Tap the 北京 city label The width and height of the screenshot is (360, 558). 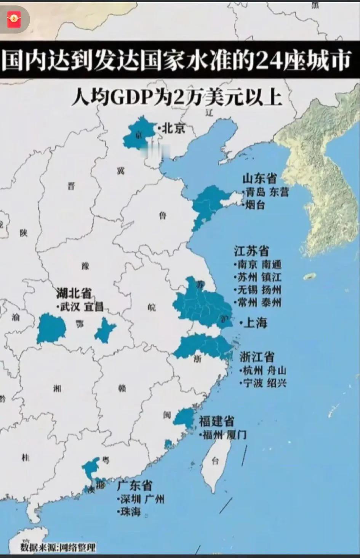(x=174, y=128)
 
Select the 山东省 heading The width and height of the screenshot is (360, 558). (x=260, y=179)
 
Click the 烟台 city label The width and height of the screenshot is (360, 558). (x=255, y=205)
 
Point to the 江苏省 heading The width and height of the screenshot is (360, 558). (x=251, y=251)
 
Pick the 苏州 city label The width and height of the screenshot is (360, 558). (x=247, y=277)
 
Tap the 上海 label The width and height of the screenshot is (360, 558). (x=255, y=323)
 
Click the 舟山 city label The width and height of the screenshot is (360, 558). (x=277, y=370)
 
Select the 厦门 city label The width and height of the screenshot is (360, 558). (x=236, y=435)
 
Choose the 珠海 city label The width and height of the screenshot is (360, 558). (x=131, y=511)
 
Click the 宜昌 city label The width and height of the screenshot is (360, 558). (x=93, y=306)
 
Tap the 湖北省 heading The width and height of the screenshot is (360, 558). (x=74, y=293)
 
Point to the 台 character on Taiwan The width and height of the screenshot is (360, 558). (x=215, y=461)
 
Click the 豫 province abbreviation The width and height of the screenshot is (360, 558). (x=85, y=266)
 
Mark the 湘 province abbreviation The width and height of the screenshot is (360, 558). (x=57, y=388)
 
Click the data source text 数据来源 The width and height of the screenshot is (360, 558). (x=38, y=548)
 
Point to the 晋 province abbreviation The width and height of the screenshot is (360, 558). (x=71, y=186)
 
